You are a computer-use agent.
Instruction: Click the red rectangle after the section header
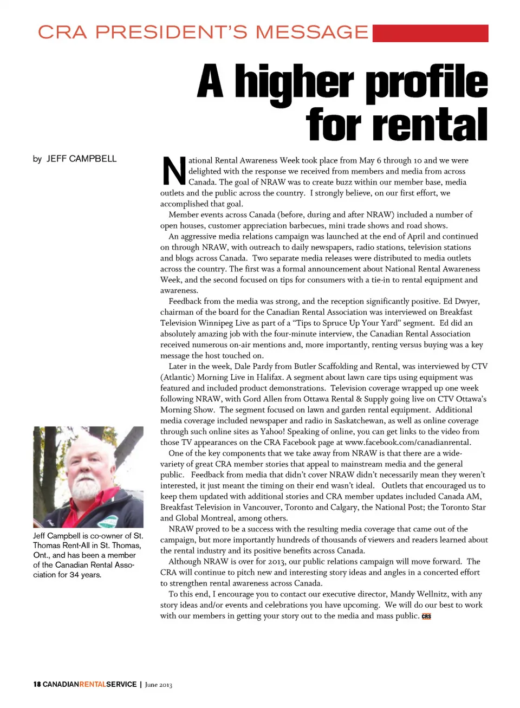430,33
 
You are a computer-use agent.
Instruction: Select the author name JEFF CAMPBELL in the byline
81,159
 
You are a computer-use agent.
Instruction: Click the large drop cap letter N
173,171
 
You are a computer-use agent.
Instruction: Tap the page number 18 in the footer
37,684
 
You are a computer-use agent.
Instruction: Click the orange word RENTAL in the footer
93,684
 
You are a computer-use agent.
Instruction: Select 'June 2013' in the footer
158,685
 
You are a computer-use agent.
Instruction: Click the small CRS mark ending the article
426,616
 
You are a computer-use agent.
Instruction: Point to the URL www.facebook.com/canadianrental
407,442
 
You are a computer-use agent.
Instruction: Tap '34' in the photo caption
74,575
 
